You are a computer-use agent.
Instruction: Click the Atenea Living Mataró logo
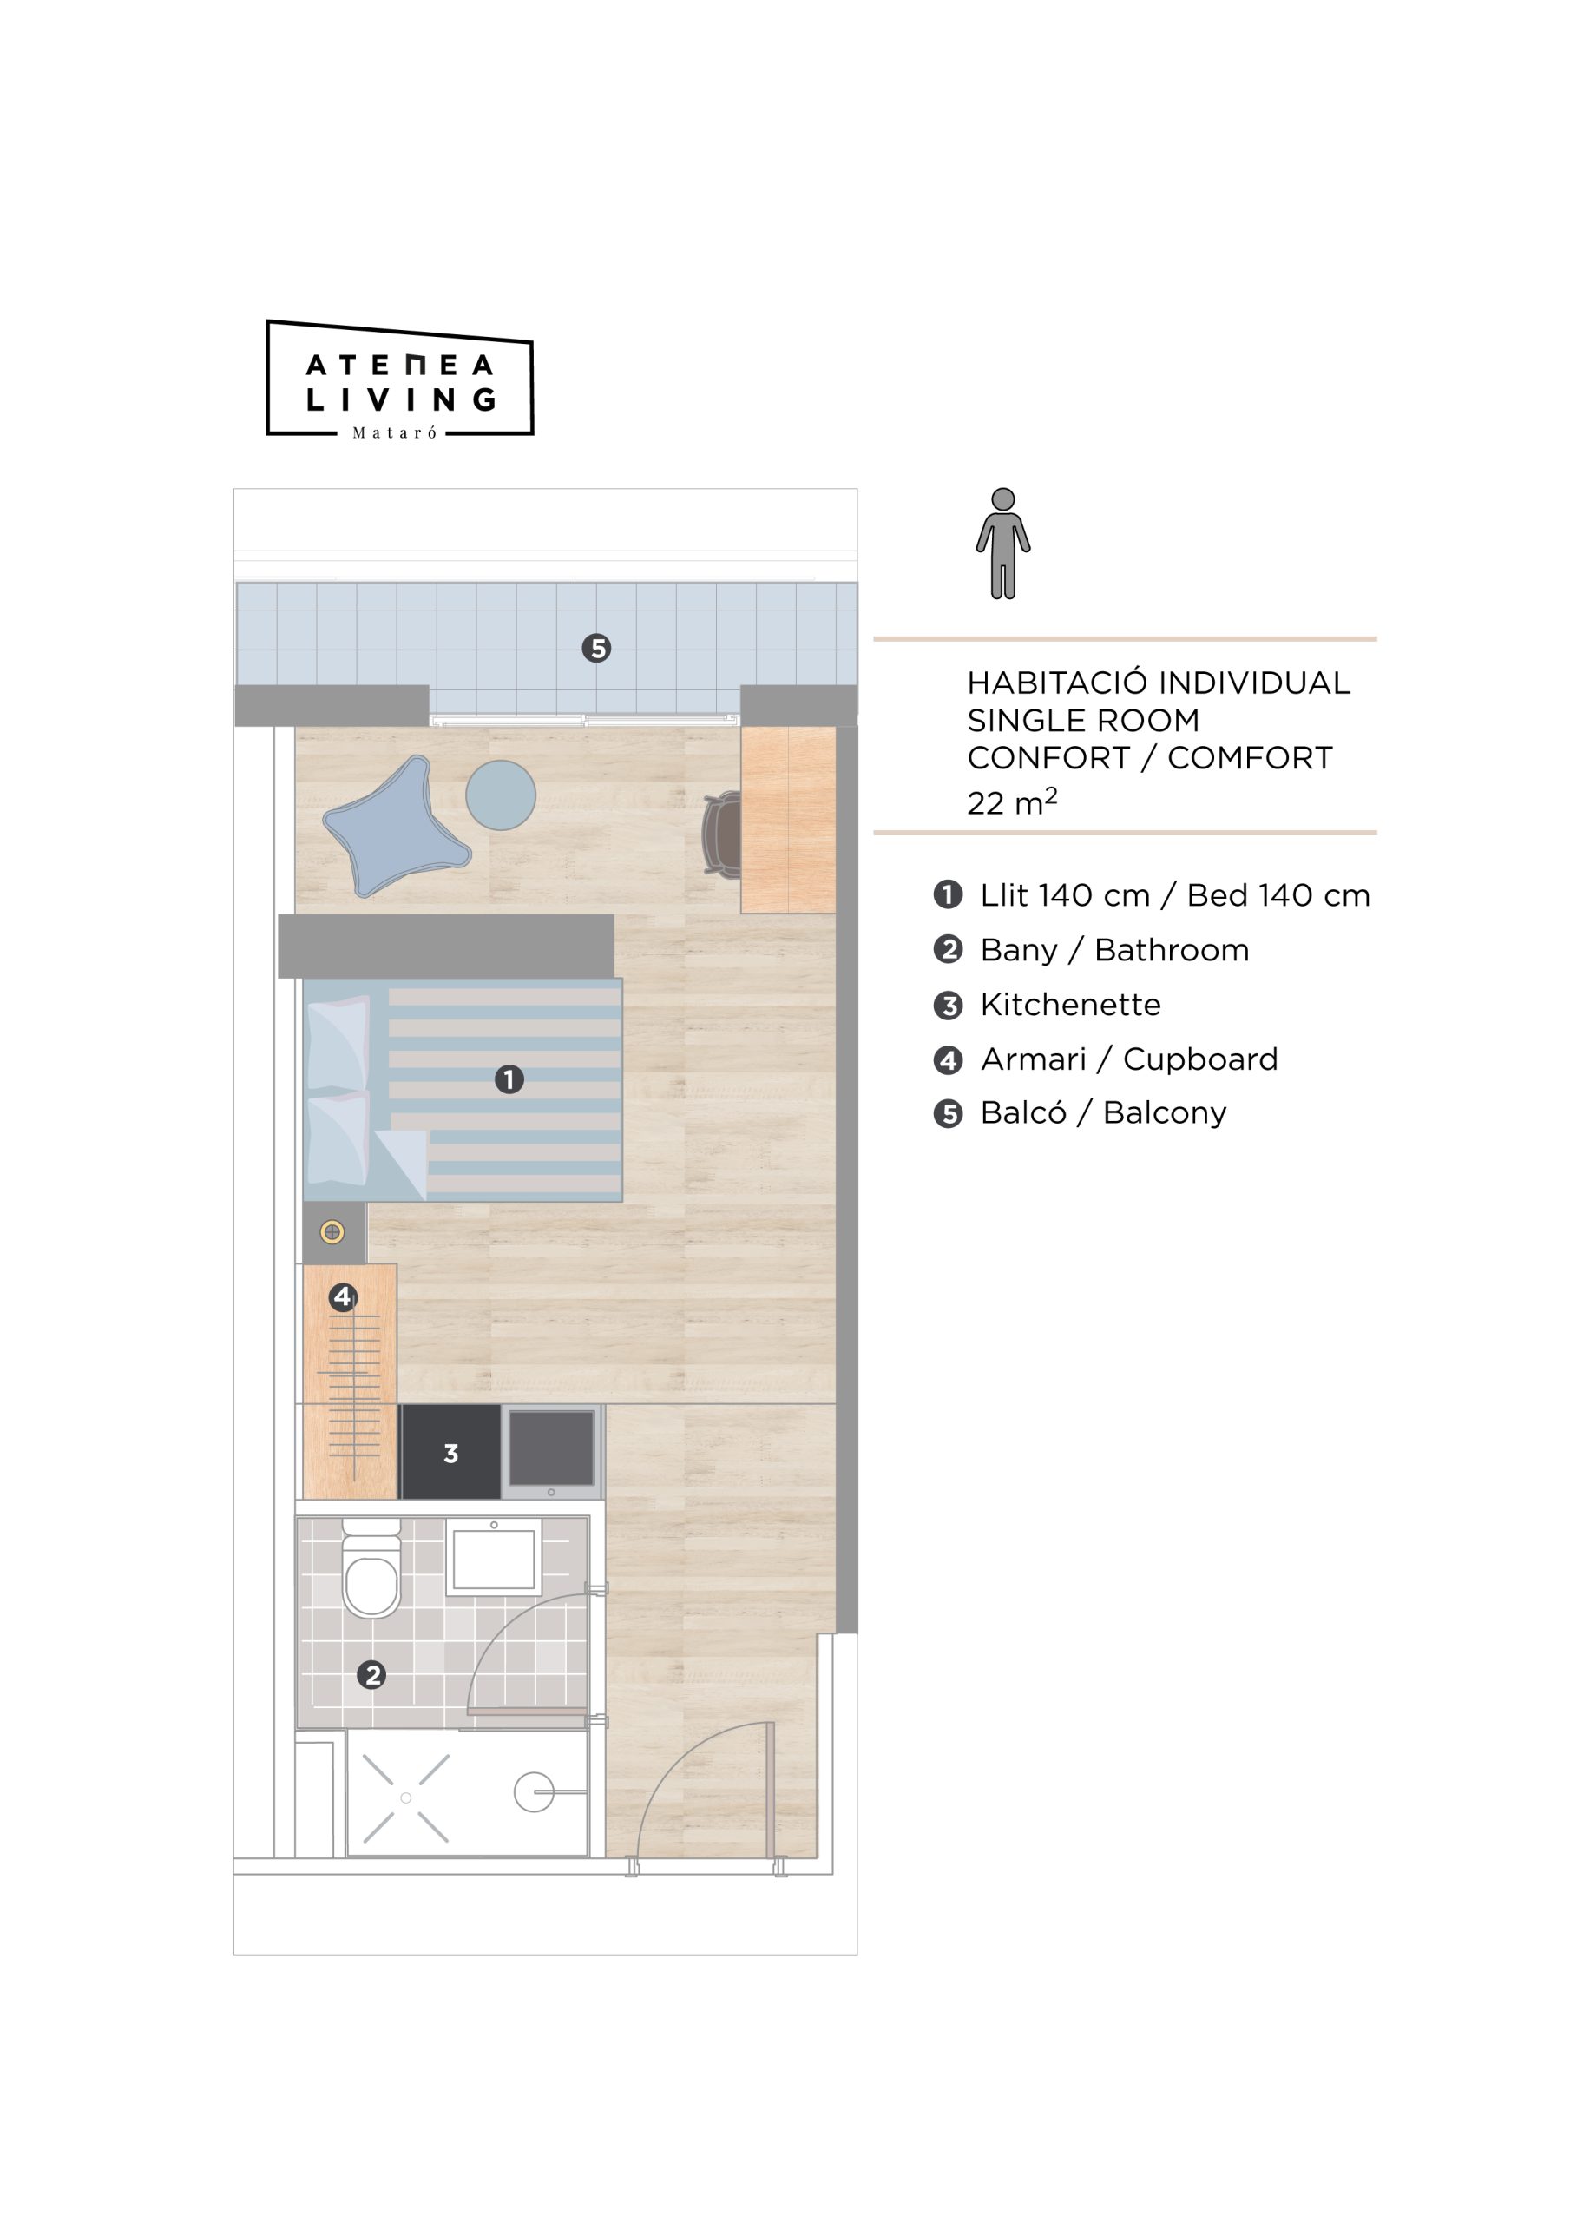(x=400, y=379)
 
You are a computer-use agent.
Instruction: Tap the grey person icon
(x=1002, y=544)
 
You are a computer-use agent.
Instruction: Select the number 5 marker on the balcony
(x=596, y=648)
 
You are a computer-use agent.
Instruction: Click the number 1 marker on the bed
(x=509, y=1079)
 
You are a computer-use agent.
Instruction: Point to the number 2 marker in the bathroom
(x=371, y=1674)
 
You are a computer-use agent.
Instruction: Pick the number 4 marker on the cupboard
(x=343, y=1296)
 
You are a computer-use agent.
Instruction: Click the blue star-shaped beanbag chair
(x=396, y=826)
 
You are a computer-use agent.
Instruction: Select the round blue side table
(x=501, y=795)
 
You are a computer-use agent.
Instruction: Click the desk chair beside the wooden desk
(x=722, y=834)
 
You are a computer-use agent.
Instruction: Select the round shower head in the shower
(x=534, y=1792)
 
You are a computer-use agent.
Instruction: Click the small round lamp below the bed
(x=332, y=1232)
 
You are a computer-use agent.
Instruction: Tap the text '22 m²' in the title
(x=1011, y=801)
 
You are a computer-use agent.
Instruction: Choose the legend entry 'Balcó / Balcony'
(x=1103, y=1112)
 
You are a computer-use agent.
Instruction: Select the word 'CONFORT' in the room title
(x=1048, y=757)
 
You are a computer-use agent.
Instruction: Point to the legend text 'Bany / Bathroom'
(x=1114, y=950)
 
